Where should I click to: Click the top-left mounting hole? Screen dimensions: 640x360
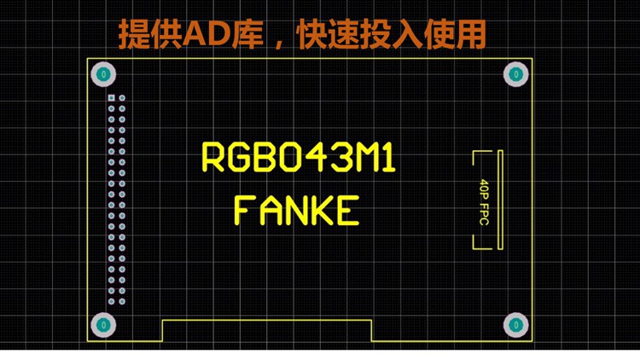coord(102,74)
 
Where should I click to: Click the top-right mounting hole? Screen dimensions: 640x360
coord(515,74)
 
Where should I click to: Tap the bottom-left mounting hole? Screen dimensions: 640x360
coord(102,324)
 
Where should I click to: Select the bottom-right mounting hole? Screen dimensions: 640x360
coord(515,324)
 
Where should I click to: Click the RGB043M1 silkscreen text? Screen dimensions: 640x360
coord(299,159)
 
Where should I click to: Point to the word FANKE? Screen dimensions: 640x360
coord(296,210)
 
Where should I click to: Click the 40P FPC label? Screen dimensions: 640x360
coord(484,201)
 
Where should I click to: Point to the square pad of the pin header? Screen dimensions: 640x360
coord(111,98)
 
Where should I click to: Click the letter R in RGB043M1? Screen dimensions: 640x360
coord(213,159)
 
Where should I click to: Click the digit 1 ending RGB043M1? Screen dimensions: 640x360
coord(389,159)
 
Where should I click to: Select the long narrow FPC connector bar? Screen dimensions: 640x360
coord(501,200)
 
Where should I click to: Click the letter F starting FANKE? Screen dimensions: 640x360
coord(244,210)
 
